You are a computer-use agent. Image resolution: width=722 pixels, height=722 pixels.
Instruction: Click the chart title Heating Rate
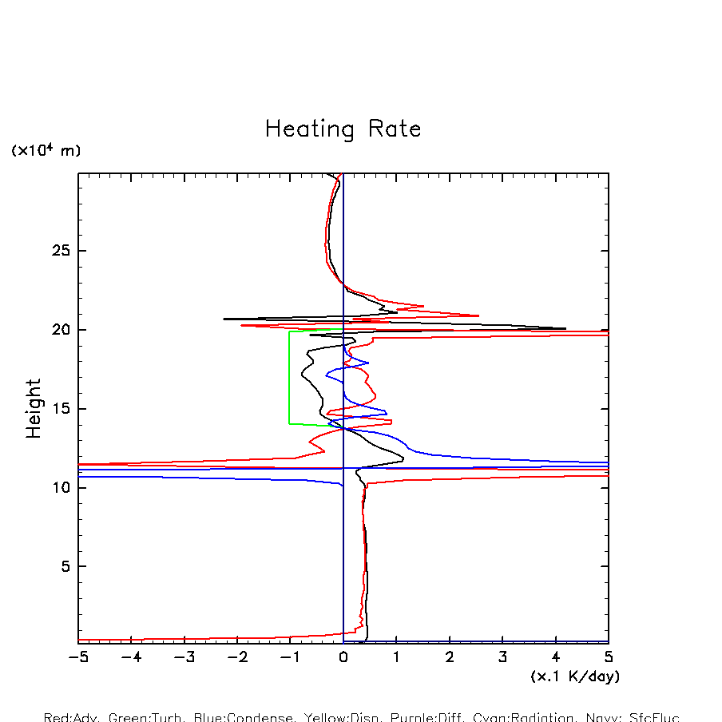point(343,129)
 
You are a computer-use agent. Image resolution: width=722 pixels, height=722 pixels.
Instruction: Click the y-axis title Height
point(34,408)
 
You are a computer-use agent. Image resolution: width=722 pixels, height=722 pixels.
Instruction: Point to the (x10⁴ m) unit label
point(46,150)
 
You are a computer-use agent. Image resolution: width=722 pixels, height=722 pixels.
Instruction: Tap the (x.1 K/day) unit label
point(575,676)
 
